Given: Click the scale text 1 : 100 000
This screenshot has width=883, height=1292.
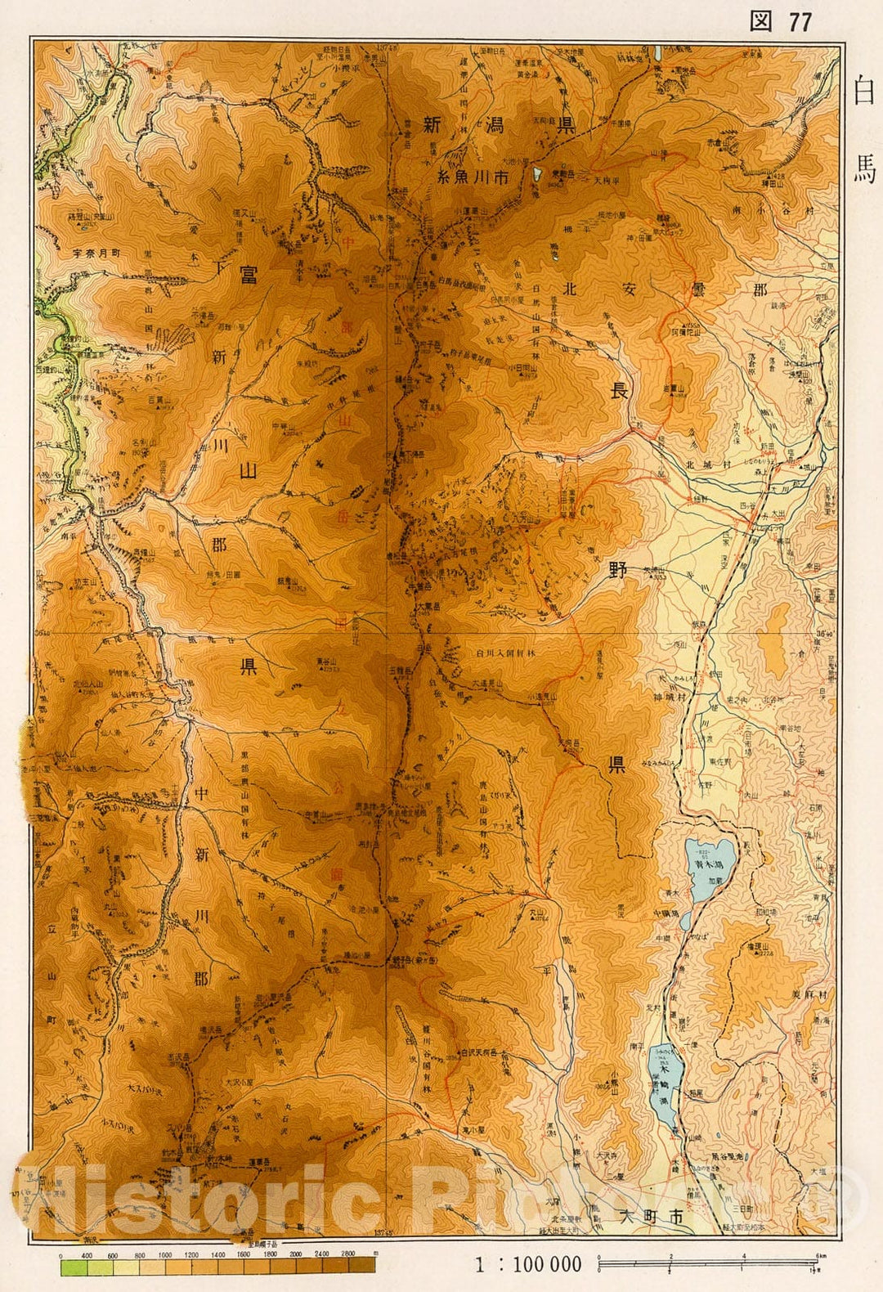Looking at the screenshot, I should pyautogui.click(x=528, y=1264).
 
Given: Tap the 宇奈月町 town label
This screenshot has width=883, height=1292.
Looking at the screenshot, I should pyautogui.click(x=92, y=253).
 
